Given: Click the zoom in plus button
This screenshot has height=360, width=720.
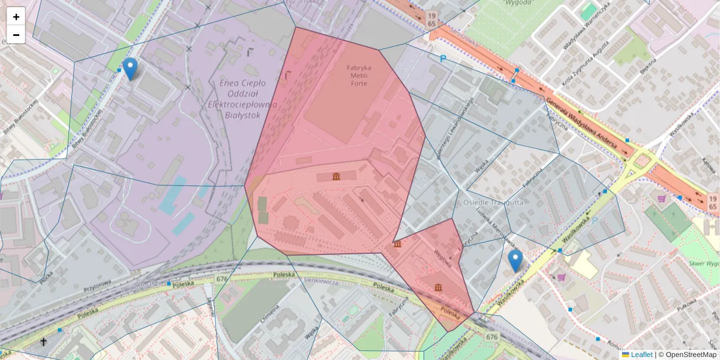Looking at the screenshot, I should (x=16, y=17).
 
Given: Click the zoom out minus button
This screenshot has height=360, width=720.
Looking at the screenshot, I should (x=16, y=35).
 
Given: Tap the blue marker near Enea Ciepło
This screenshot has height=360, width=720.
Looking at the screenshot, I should (x=130, y=68).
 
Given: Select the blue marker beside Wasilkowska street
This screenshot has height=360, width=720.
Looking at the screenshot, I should (x=515, y=260).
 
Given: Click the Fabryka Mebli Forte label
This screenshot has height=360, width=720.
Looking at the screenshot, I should (x=359, y=76).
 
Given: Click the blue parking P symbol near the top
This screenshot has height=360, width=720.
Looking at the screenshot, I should (x=443, y=59).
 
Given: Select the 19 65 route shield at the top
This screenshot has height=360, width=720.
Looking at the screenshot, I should (x=432, y=18).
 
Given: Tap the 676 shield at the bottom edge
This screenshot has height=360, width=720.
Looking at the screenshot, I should (x=492, y=337).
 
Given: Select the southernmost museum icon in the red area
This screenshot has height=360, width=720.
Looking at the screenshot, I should (x=439, y=288).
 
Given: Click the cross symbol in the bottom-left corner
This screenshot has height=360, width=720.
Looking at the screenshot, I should (x=43, y=342).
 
